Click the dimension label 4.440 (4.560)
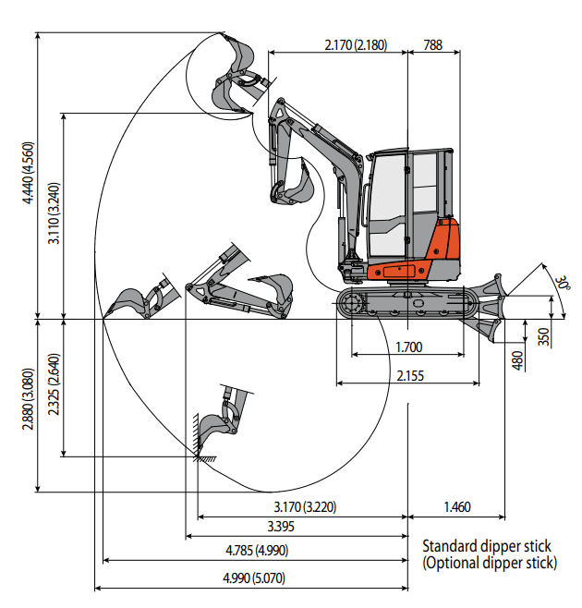(x=29, y=173)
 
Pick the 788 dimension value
(x=431, y=43)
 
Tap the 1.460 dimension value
(x=457, y=506)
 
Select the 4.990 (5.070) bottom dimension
(x=254, y=578)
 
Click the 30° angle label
(x=563, y=282)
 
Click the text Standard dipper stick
(x=486, y=546)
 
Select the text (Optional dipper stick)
(x=490, y=562)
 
